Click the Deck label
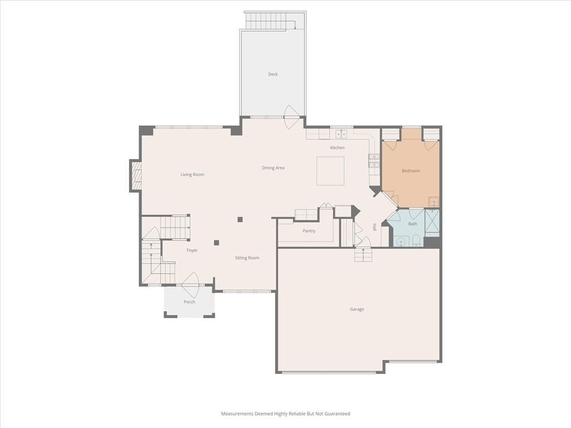[x=273, y=74]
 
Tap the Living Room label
[x=192, y=174]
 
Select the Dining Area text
[x=273, y=168]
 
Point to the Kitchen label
[x=337, y=148]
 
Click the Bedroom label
[x=411, y=171]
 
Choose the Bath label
[x=413, y=224]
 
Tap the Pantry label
[x=309, y=231]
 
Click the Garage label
[x=357, y=309]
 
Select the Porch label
[x=190, y=301]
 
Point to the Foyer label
[x=192, y=250]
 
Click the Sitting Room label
[x=247, y=258]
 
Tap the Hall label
[x=374, y=227]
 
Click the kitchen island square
[x=330, y=171]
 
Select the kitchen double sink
[x=341, y=134]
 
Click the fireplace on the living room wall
[x=136, y=176]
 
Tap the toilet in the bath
[x=417, y=241]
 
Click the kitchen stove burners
[x=374, y=161]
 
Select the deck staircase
[x=270, y=21]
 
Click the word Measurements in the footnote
[x=237, y=414]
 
